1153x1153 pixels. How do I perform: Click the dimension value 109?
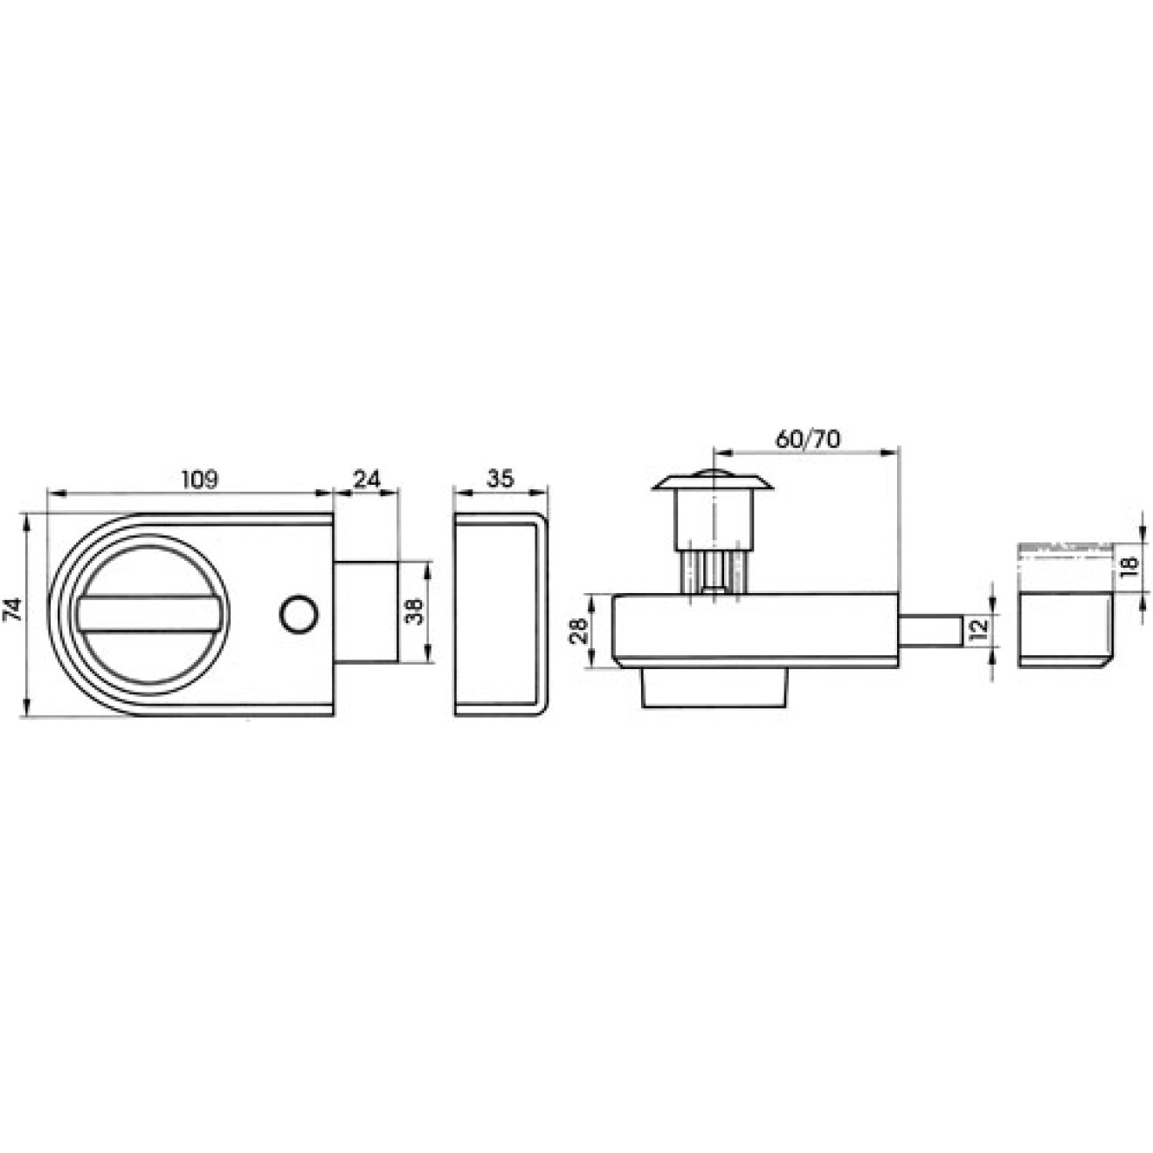tap(200, 480)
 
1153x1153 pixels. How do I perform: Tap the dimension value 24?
tap(368, 480)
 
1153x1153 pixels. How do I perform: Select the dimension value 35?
tap(501, 480)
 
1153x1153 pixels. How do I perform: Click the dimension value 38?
tap(413, 611)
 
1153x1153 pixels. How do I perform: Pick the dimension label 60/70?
tap(808, 439)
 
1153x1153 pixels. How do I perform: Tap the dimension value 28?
tap(578, 630)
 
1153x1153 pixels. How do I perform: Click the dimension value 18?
tap(1127, 567)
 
